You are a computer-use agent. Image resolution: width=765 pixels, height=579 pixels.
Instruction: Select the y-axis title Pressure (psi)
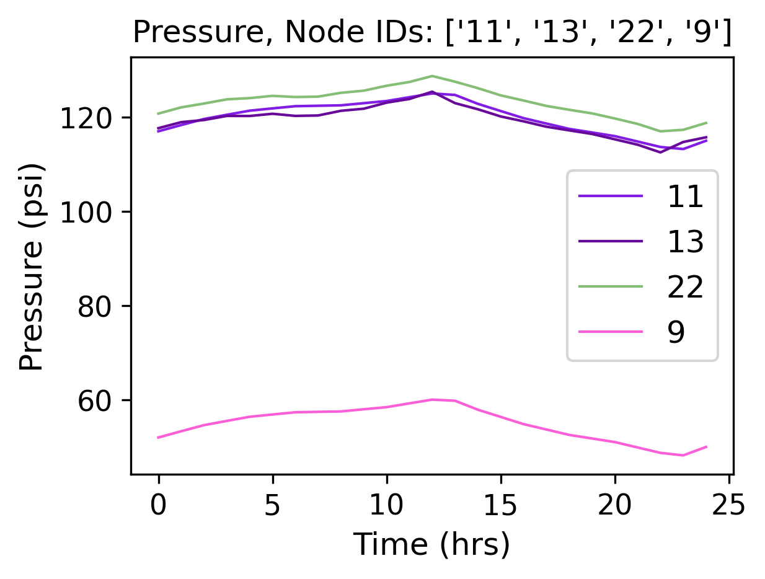point(32,267)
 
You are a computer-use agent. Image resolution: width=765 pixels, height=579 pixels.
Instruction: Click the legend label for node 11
point(684,197)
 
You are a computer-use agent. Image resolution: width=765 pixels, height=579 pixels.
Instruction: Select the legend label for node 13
point(684,242)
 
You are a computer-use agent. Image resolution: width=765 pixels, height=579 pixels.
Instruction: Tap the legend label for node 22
point(684,287)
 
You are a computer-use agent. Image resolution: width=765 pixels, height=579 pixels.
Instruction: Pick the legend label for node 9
point(676,332)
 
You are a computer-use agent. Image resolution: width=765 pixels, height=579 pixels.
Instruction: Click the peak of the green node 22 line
point(432,76)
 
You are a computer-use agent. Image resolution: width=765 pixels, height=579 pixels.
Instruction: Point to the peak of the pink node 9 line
point(433,400)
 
